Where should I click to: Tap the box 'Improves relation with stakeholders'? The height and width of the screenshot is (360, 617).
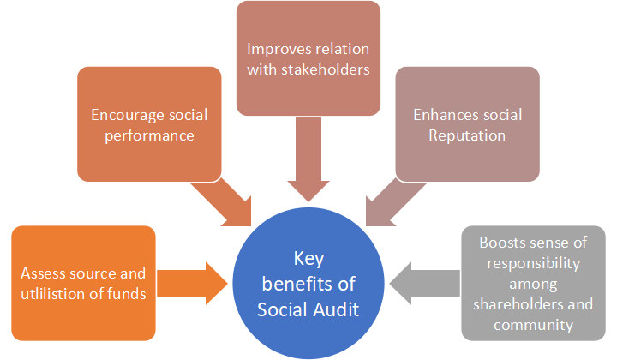tap(308, 58)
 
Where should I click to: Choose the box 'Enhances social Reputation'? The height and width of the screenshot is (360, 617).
tap(467, 124)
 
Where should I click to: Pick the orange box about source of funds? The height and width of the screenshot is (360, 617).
tap(83, 283)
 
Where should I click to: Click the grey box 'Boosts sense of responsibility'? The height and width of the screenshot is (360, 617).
tap(536, 283)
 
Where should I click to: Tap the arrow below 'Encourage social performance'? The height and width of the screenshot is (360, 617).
tap(220, 200)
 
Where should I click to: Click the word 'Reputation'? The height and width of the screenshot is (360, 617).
tap(467, 135)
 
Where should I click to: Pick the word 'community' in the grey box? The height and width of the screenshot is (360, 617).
tap(537, 324)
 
